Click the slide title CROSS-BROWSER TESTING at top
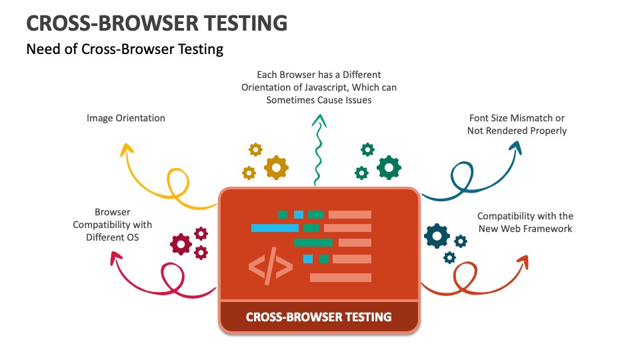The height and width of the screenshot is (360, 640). click(x=157, y=23)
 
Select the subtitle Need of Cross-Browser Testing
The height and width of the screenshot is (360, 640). click(x=125, y=49)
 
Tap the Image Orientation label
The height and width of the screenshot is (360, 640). click(x=126, y=118)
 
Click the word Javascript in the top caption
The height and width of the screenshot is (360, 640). click(x=327, y=87)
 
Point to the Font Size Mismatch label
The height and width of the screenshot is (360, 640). click(x=517, y=118)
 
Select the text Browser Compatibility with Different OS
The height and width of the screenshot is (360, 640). click(x=112, y=225)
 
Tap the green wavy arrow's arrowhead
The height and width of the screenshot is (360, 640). click(x=319, y=120)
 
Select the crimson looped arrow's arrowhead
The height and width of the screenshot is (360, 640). click(x=116, y=257)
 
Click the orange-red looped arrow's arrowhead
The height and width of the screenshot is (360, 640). click(x=523, y=261)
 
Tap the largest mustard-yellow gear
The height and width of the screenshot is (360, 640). click(x=276, y=167)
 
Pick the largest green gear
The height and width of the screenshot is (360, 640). click(x=389, y=167)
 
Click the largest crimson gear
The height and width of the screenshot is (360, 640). click(x=181, y=245)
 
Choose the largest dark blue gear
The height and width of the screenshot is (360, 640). click(x=437, y=236)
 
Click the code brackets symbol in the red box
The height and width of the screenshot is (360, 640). click(x=271, y=266)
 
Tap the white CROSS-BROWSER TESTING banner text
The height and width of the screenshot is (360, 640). click(x=319, y=317)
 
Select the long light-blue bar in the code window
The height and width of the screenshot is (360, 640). click(x=275, y=228)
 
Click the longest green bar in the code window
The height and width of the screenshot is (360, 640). click(x=313, y=243)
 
